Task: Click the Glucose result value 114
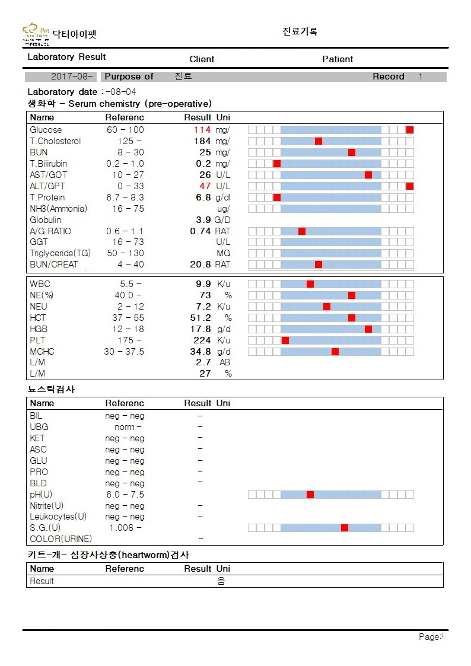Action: (202, 130)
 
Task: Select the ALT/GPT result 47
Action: (205, 186)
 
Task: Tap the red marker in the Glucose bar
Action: (410, 130)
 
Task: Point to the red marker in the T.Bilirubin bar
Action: (277, 164)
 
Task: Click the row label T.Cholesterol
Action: (55, 141)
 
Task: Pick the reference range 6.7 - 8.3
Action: (125, 197)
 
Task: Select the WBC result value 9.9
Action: (203, 284)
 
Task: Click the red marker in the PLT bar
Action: (285, 340)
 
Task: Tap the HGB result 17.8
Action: (201, 329)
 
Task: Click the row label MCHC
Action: (42, 352)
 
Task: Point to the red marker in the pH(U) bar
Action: (310, 495)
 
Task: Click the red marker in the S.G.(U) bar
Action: (345, 528)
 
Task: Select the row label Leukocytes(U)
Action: (58, 517)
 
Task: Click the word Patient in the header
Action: (338, 59)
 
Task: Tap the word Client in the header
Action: (202, 59)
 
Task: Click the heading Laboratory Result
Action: (66, 57)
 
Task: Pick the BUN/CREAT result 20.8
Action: (201, 265)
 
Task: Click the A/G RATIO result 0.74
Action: (201, 231)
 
